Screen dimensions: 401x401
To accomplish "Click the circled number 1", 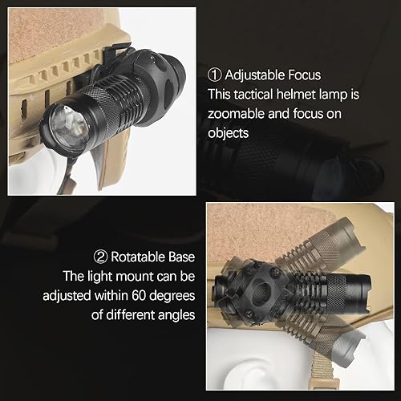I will click(x=215, y=75).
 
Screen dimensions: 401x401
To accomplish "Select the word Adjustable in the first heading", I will click(x=253, y=75).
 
